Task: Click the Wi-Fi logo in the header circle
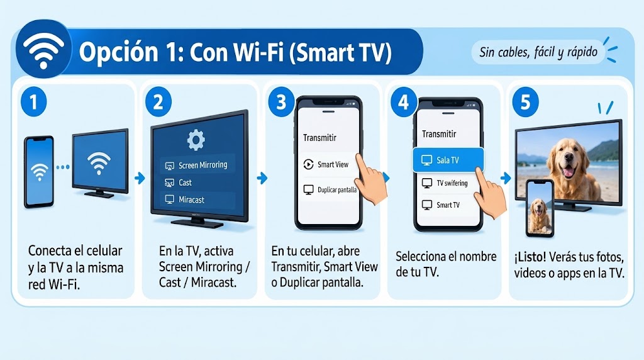(x=43, y=50)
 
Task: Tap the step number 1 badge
(x=34, y=101)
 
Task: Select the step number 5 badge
(x=525, y=102)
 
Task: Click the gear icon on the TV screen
(x=196, y=140)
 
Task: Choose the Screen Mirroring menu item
(x=197, y=165)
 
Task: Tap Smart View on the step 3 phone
(x=326, y=164)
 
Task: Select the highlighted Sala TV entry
(x=448, y=160)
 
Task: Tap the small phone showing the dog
(x=540, y=208)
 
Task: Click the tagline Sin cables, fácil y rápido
(x=538, y=52)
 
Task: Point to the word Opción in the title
(x=118, y=52)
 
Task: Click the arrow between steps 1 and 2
(x=140, y=178)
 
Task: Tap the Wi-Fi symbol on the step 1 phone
(x=39, y=172)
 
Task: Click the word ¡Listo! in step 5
(x=530, y=257)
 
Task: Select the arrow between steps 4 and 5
(x=506, y=178)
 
